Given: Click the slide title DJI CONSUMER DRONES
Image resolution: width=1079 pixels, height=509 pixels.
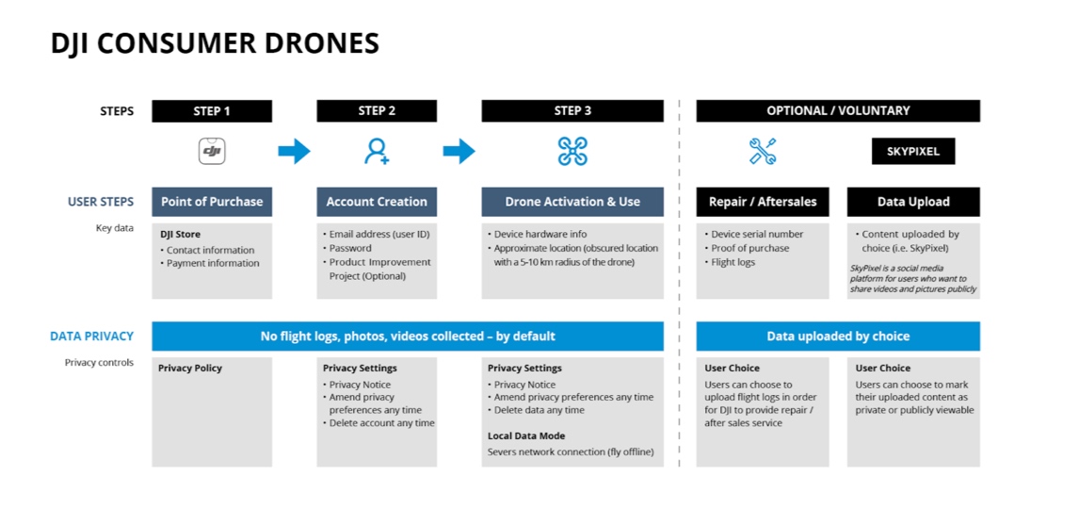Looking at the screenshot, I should pos(215,43).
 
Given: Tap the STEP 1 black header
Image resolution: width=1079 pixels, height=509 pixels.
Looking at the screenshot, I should pos(212,111).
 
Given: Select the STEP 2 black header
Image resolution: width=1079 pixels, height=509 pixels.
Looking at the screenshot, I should pos(377,111).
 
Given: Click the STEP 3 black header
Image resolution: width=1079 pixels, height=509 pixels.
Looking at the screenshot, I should pos(572,111).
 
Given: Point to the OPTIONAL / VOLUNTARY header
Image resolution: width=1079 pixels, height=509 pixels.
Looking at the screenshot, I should pos(838,111).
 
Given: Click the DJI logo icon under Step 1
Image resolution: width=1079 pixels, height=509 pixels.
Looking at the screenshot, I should pos(212,151).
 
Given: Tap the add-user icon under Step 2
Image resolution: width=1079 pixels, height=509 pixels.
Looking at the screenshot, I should pos(377,151).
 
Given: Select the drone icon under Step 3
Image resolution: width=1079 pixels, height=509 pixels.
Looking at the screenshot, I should pos(572,151).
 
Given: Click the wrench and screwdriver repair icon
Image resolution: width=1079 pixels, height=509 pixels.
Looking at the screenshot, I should pos(763,151).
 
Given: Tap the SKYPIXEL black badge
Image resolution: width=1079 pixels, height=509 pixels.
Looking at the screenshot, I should pos(913,151).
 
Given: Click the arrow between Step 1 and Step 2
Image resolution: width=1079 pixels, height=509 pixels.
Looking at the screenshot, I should pos(294,151).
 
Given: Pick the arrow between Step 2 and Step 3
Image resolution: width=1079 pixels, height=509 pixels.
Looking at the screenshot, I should pos(459,151).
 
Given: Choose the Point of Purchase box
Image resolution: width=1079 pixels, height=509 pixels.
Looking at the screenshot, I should pos(212,202).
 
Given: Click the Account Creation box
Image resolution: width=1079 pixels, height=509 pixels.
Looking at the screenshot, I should pos(377,202).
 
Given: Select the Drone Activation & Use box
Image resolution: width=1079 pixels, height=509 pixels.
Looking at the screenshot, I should pos(572,202).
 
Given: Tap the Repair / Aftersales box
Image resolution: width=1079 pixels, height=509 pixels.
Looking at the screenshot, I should pos(763,202).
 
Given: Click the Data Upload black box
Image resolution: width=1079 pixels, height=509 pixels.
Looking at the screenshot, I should pos(913,202).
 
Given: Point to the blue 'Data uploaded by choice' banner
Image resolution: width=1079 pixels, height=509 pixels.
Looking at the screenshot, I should pos(838,337).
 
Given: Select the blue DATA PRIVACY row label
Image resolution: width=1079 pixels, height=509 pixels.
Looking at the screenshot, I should pos(92,337).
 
